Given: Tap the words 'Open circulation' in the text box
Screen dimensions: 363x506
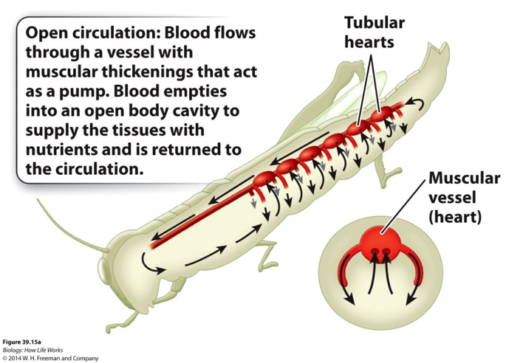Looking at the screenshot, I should pyautogui.click(x=77, y=34).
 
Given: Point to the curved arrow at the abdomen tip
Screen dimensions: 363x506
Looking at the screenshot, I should pyautogui.click(x=418, y=107).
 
